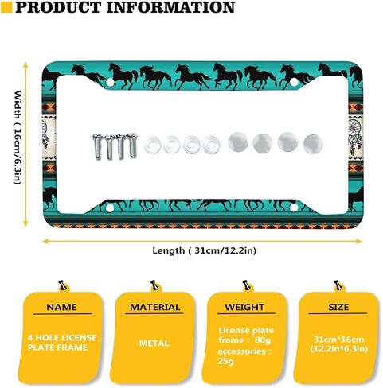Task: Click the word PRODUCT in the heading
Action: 58,7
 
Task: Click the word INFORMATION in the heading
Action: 170,7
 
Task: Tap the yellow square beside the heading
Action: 6,7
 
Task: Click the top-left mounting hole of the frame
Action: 110,83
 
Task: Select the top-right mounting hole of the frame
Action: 294,82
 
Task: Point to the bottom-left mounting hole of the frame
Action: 109,208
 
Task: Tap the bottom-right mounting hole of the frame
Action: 294,208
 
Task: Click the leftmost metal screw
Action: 97,147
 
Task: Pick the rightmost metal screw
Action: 132,145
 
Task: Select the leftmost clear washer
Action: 152,144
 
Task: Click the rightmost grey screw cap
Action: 313,144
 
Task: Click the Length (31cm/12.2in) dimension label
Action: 204,250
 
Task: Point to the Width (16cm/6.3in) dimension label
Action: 18,138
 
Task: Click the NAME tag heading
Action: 61,307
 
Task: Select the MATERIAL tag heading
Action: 155,307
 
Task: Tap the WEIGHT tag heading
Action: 244,307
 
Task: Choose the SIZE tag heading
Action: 338,307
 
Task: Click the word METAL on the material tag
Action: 154,343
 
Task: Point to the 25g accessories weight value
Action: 225,361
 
